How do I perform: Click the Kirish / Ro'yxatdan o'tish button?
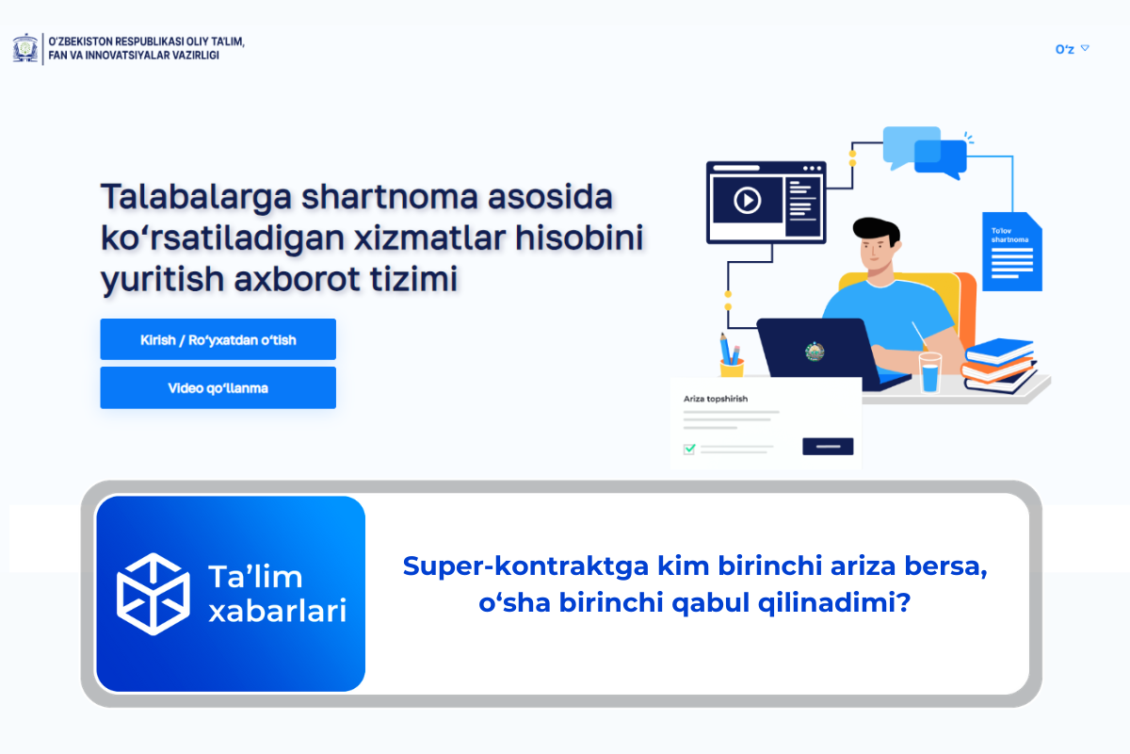click(218, 339)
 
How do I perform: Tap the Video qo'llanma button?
click(218, 387)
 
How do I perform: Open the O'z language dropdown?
click(1072, 49)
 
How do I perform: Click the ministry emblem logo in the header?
click(25, 48)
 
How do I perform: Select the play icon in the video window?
click(747, 200)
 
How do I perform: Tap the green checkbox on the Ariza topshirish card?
click(689, 449)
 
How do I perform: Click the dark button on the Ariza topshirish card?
click(828, 446)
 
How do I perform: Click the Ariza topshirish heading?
click(716, 399)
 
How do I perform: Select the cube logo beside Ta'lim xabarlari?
click(153, 593)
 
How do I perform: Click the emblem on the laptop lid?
click(815, 352)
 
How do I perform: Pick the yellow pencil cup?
click(732, 367)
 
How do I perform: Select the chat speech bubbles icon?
click(925, 151)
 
